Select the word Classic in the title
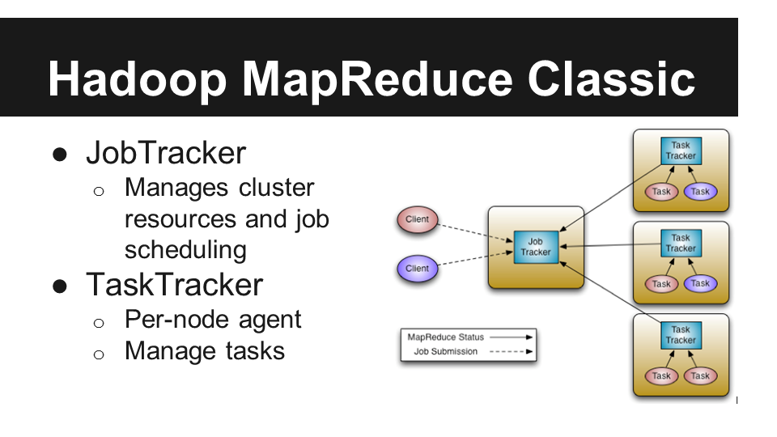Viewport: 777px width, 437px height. pos(611,79)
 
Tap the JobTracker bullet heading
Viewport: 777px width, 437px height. pos(166,153)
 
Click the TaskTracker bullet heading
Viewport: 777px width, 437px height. pos(175,284)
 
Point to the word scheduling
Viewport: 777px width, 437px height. pos(185,250)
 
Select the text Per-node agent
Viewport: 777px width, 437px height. pos(213,320)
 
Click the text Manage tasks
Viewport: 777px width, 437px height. pos(205,350)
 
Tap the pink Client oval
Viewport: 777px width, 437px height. pos(418,219)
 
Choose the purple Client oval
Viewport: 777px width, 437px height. pos(418,269)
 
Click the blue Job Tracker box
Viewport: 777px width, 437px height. pos(536,247)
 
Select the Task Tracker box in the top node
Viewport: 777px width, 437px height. pos(681,151)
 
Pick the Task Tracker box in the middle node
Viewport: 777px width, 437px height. pos(681,243)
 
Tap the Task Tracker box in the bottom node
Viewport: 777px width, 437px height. pos(681,335)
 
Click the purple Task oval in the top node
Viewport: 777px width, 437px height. pos(700,192)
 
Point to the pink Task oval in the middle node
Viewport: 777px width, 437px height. pos(661,284)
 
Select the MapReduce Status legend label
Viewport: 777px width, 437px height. pos(445,337)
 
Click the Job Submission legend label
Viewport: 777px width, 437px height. pos(445,351)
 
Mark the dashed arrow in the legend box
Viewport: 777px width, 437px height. pos(511,352)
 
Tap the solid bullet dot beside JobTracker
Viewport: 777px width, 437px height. pos(59,154)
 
